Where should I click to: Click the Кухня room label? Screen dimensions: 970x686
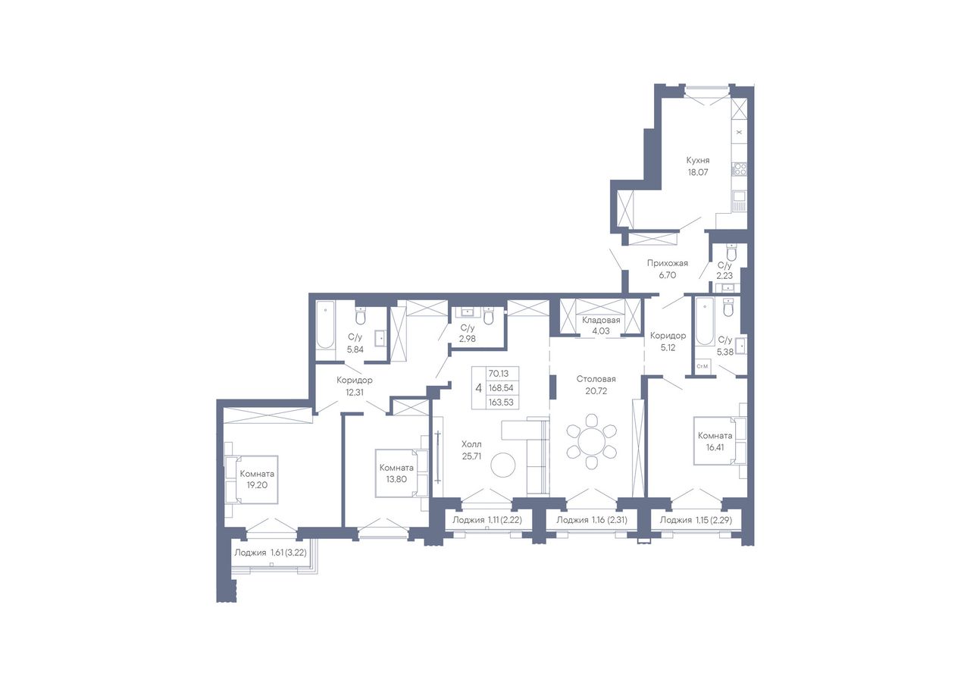tap(698, 161)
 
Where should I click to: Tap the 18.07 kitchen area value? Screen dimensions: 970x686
tap(698, 172)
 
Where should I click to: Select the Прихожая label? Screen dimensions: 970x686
tap(668, 263)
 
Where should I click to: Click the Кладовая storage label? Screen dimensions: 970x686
tap(601, 321)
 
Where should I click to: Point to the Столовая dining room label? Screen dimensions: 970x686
tap(596, 379)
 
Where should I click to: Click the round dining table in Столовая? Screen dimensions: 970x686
tap(592, 441)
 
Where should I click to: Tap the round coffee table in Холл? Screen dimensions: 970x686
tap(503, 465)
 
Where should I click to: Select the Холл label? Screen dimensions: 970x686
tap(471, 444)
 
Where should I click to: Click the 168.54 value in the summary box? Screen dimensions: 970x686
tap(501, 388)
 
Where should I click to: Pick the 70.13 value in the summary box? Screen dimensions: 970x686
tap(499, 373)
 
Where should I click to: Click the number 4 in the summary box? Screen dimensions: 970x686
tap(478, 388)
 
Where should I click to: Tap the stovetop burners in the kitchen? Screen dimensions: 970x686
tap(739, 169)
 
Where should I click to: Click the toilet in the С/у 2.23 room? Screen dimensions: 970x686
tap(731, 252)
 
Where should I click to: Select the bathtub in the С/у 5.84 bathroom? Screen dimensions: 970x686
tap(325, 325)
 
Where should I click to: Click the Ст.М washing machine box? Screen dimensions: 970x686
tap(702, 366)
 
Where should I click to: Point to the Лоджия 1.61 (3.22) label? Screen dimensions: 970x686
tap(271, 553)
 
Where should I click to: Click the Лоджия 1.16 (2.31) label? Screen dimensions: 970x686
tap(592, 520)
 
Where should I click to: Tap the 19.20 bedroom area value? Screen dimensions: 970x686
tap(257, 485)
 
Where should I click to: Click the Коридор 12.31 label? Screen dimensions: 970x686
tap(354, 387)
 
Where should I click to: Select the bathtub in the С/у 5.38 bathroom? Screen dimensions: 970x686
tap(705, 321)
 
